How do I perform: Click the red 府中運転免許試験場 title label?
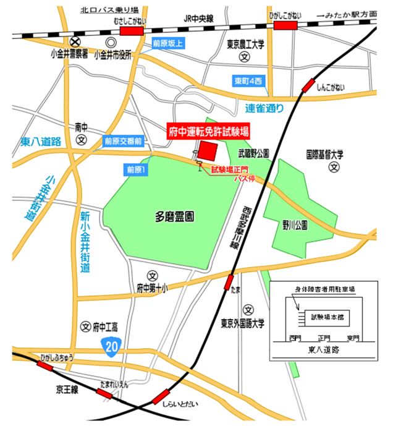[x=210, y=131]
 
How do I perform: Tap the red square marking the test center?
[x=208, y=150]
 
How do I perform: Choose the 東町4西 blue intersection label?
[x=248, y=82]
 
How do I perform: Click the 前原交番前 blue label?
[x=123, y=141]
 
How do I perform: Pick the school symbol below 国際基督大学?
[x=334, y=167]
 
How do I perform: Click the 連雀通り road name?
[x=264, y=109]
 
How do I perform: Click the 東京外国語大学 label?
[x=243, y=323]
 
